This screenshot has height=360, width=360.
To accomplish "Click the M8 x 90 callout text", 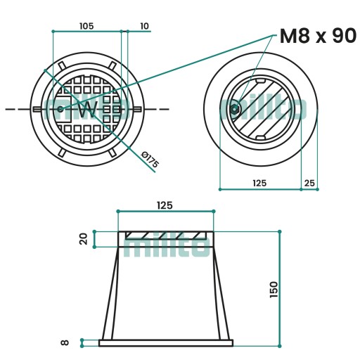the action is tap(318, 36).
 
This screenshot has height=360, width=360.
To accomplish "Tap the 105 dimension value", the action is tap(86, 26).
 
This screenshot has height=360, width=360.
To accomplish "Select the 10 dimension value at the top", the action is tap(144, 26).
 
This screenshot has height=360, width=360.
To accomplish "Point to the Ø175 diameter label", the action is tap(150, 160).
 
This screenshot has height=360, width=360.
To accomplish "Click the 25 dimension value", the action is tap(309, 183).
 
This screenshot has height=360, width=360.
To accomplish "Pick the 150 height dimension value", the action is tap(274, 290).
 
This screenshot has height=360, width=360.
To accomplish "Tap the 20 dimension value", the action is tap(84, 239).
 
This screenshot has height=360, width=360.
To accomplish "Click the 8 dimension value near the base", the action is tap(65, 342).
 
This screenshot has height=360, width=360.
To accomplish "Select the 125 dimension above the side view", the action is tap(165, 205).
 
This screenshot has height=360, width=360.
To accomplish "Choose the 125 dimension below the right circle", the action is tap(259, 183).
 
